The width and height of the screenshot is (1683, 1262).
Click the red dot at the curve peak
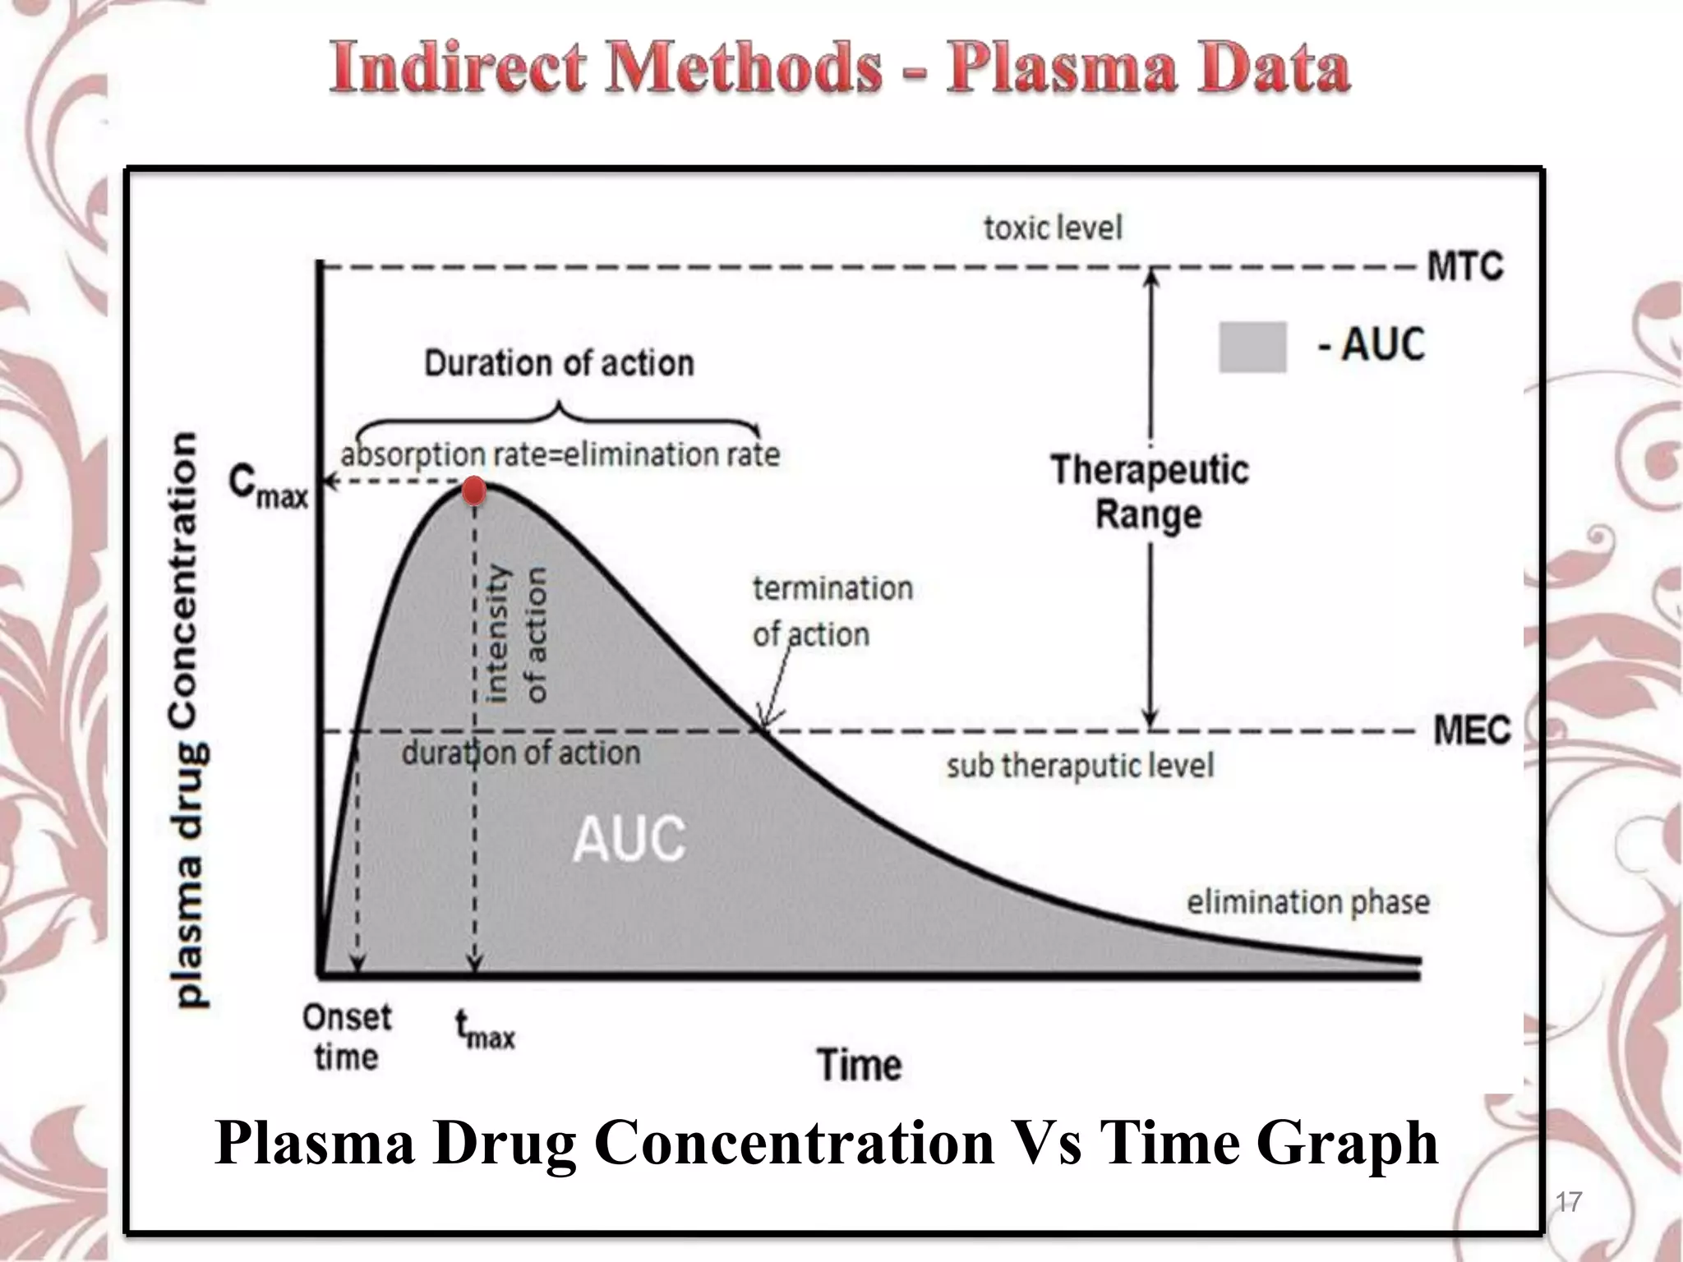click(x=474, y=491)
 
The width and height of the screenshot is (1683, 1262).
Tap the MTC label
click(x=1465, y=267)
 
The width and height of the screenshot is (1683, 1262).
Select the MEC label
click(x=1471, y=730)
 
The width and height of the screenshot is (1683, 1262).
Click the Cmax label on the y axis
click(x=268, y=486)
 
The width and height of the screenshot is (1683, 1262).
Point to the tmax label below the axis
click(x=484, y=1030)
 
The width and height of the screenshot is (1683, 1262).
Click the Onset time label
click(x=347, y=1037)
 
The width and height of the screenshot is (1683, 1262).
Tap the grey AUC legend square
click(x=1252, y=347)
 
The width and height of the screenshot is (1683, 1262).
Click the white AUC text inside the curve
click(x=629, y=840)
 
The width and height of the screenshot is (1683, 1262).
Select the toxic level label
click(x=1053, y=228)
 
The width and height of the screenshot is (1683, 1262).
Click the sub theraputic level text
click(x=1080, y=766)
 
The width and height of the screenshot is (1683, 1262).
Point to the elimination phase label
click(x=1307, y=902)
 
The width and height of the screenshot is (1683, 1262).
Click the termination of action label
click(x=832, y=611)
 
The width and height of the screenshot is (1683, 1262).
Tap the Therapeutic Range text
click(x=1149, y=492)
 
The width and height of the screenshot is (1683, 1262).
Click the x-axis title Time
click(x=859, y=1065)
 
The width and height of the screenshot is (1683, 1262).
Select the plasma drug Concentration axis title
click(x=187, y=719)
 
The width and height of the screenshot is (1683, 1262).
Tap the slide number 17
click(x=1568, y=1202)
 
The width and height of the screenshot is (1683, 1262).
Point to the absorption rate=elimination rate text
click(x=560, y=454)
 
